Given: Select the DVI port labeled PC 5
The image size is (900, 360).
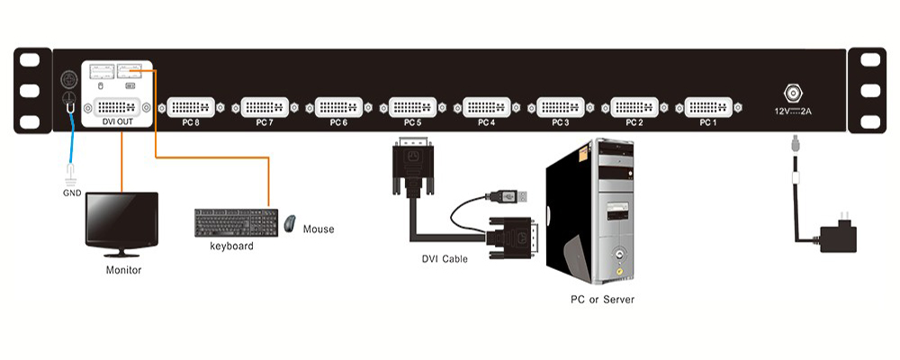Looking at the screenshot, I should pyautogui.click(x=413, y=106).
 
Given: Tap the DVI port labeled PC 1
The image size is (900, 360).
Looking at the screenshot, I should pyautogui.click(x=708, y=106).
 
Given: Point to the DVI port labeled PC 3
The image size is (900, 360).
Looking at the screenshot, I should pyautogui.click(x=561, y=106).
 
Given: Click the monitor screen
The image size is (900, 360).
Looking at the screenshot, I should pyautogui.click(x=121, y=219).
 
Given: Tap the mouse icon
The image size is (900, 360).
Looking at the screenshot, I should pyautogui.click(x=290, y=223).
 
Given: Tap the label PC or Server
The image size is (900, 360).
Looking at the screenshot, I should pyautogui.click(x=602, y=299).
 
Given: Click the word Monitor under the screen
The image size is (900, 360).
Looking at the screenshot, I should pyautogui.click(x=123, y=269).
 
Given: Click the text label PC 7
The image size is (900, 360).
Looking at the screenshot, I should pyautogui.click(x=265, y=121).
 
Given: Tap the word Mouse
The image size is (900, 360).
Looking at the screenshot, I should pyautogui.click(x=319, y=229).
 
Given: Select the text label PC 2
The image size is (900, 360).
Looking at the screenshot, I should pyautogui.click(x=634, y=121).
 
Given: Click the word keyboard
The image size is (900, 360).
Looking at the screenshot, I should pyautogui.click(x=231, y=246).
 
